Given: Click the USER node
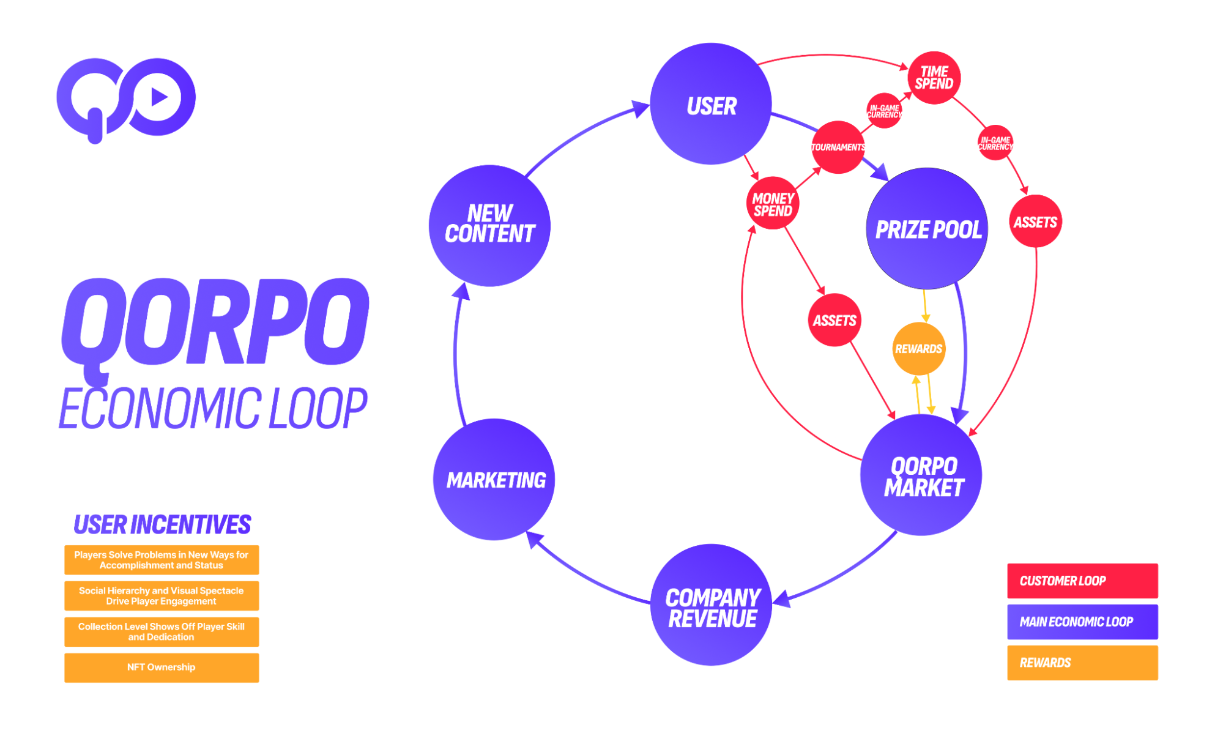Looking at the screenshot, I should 710,104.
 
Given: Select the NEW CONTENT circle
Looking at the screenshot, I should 489,225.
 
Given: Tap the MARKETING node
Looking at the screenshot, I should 494,479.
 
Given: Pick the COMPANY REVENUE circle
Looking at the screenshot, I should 711,605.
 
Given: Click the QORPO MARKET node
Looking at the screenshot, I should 921,475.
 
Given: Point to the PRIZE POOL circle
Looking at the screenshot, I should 927,228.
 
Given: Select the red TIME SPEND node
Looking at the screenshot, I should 934,78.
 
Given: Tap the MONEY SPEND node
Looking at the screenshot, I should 773,204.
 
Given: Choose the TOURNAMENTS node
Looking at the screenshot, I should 838,147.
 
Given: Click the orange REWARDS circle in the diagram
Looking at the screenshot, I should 918,349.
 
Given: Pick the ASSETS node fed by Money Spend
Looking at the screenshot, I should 834,320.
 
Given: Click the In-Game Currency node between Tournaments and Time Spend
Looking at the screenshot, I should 884,111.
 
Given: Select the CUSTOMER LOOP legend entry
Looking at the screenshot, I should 1082,580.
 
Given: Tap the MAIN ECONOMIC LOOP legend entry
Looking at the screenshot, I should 1082,621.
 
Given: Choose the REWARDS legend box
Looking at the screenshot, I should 1082,662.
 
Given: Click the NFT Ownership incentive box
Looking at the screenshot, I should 162,667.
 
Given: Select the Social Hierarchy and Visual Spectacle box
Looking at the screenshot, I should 162,595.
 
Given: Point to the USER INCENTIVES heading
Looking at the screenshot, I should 162,524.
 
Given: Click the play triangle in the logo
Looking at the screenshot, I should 159,97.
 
